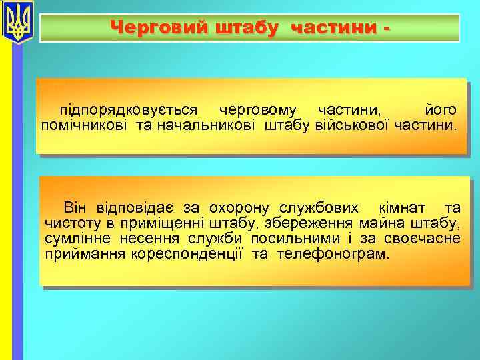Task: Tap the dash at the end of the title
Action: (385, 28)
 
